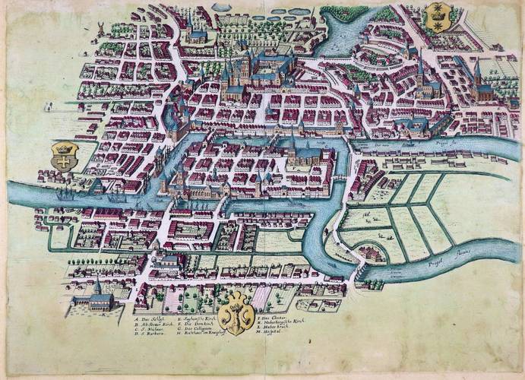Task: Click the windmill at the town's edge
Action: (97, 28)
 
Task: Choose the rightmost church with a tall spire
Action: (479, 83)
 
